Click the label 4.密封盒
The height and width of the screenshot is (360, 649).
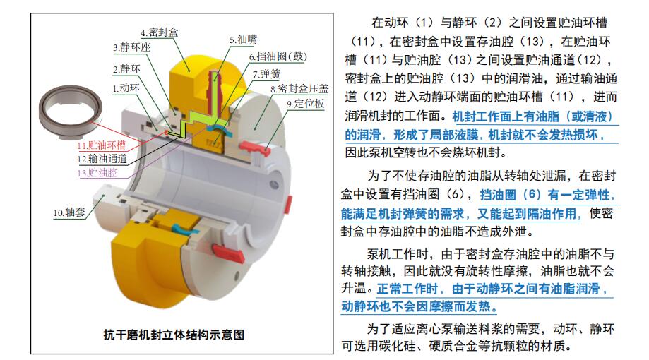(159, 32)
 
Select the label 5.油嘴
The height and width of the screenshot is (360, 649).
(244, 40)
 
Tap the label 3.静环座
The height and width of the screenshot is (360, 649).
(132, 47)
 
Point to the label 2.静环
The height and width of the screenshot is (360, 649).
(126, 68)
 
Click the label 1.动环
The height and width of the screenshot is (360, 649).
(126, 88)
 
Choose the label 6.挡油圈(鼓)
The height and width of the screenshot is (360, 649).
(278, 56)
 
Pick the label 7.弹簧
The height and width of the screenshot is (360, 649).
(266, 74)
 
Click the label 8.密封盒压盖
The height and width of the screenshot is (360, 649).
(299, 88)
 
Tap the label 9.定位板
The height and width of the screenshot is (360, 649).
(306, 104)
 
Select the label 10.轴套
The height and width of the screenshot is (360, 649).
(69, 212)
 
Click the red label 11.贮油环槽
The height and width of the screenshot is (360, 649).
(102, 145)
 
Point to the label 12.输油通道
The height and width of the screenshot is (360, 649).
(102, 159)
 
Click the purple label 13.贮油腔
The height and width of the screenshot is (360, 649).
(97, 172)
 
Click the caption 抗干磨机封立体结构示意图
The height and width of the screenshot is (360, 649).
(174, 335)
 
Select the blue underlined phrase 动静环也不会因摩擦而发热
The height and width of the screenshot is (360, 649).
(419, 306)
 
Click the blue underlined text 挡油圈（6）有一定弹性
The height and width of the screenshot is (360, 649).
(547, 195)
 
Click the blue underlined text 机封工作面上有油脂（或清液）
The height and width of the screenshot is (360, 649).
(532, 116)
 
